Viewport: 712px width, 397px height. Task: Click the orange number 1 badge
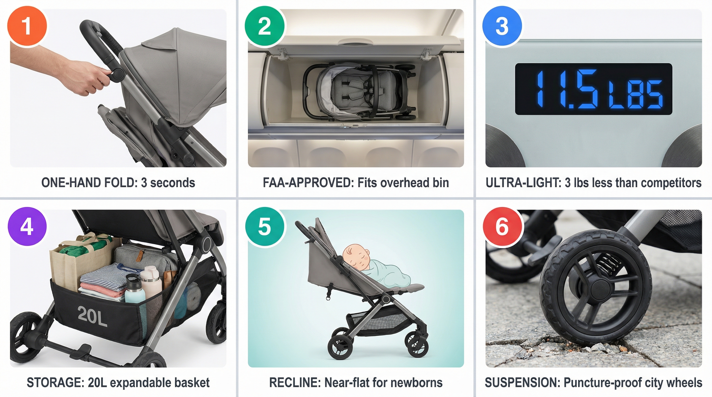(27, 26)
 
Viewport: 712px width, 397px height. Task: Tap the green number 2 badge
(264, 26)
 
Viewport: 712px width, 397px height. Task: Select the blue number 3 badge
(502, 26)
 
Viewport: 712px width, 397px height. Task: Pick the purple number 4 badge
(27, 227)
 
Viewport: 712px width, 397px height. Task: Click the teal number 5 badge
(264, 227)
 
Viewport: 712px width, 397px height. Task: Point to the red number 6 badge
(502, 227)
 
